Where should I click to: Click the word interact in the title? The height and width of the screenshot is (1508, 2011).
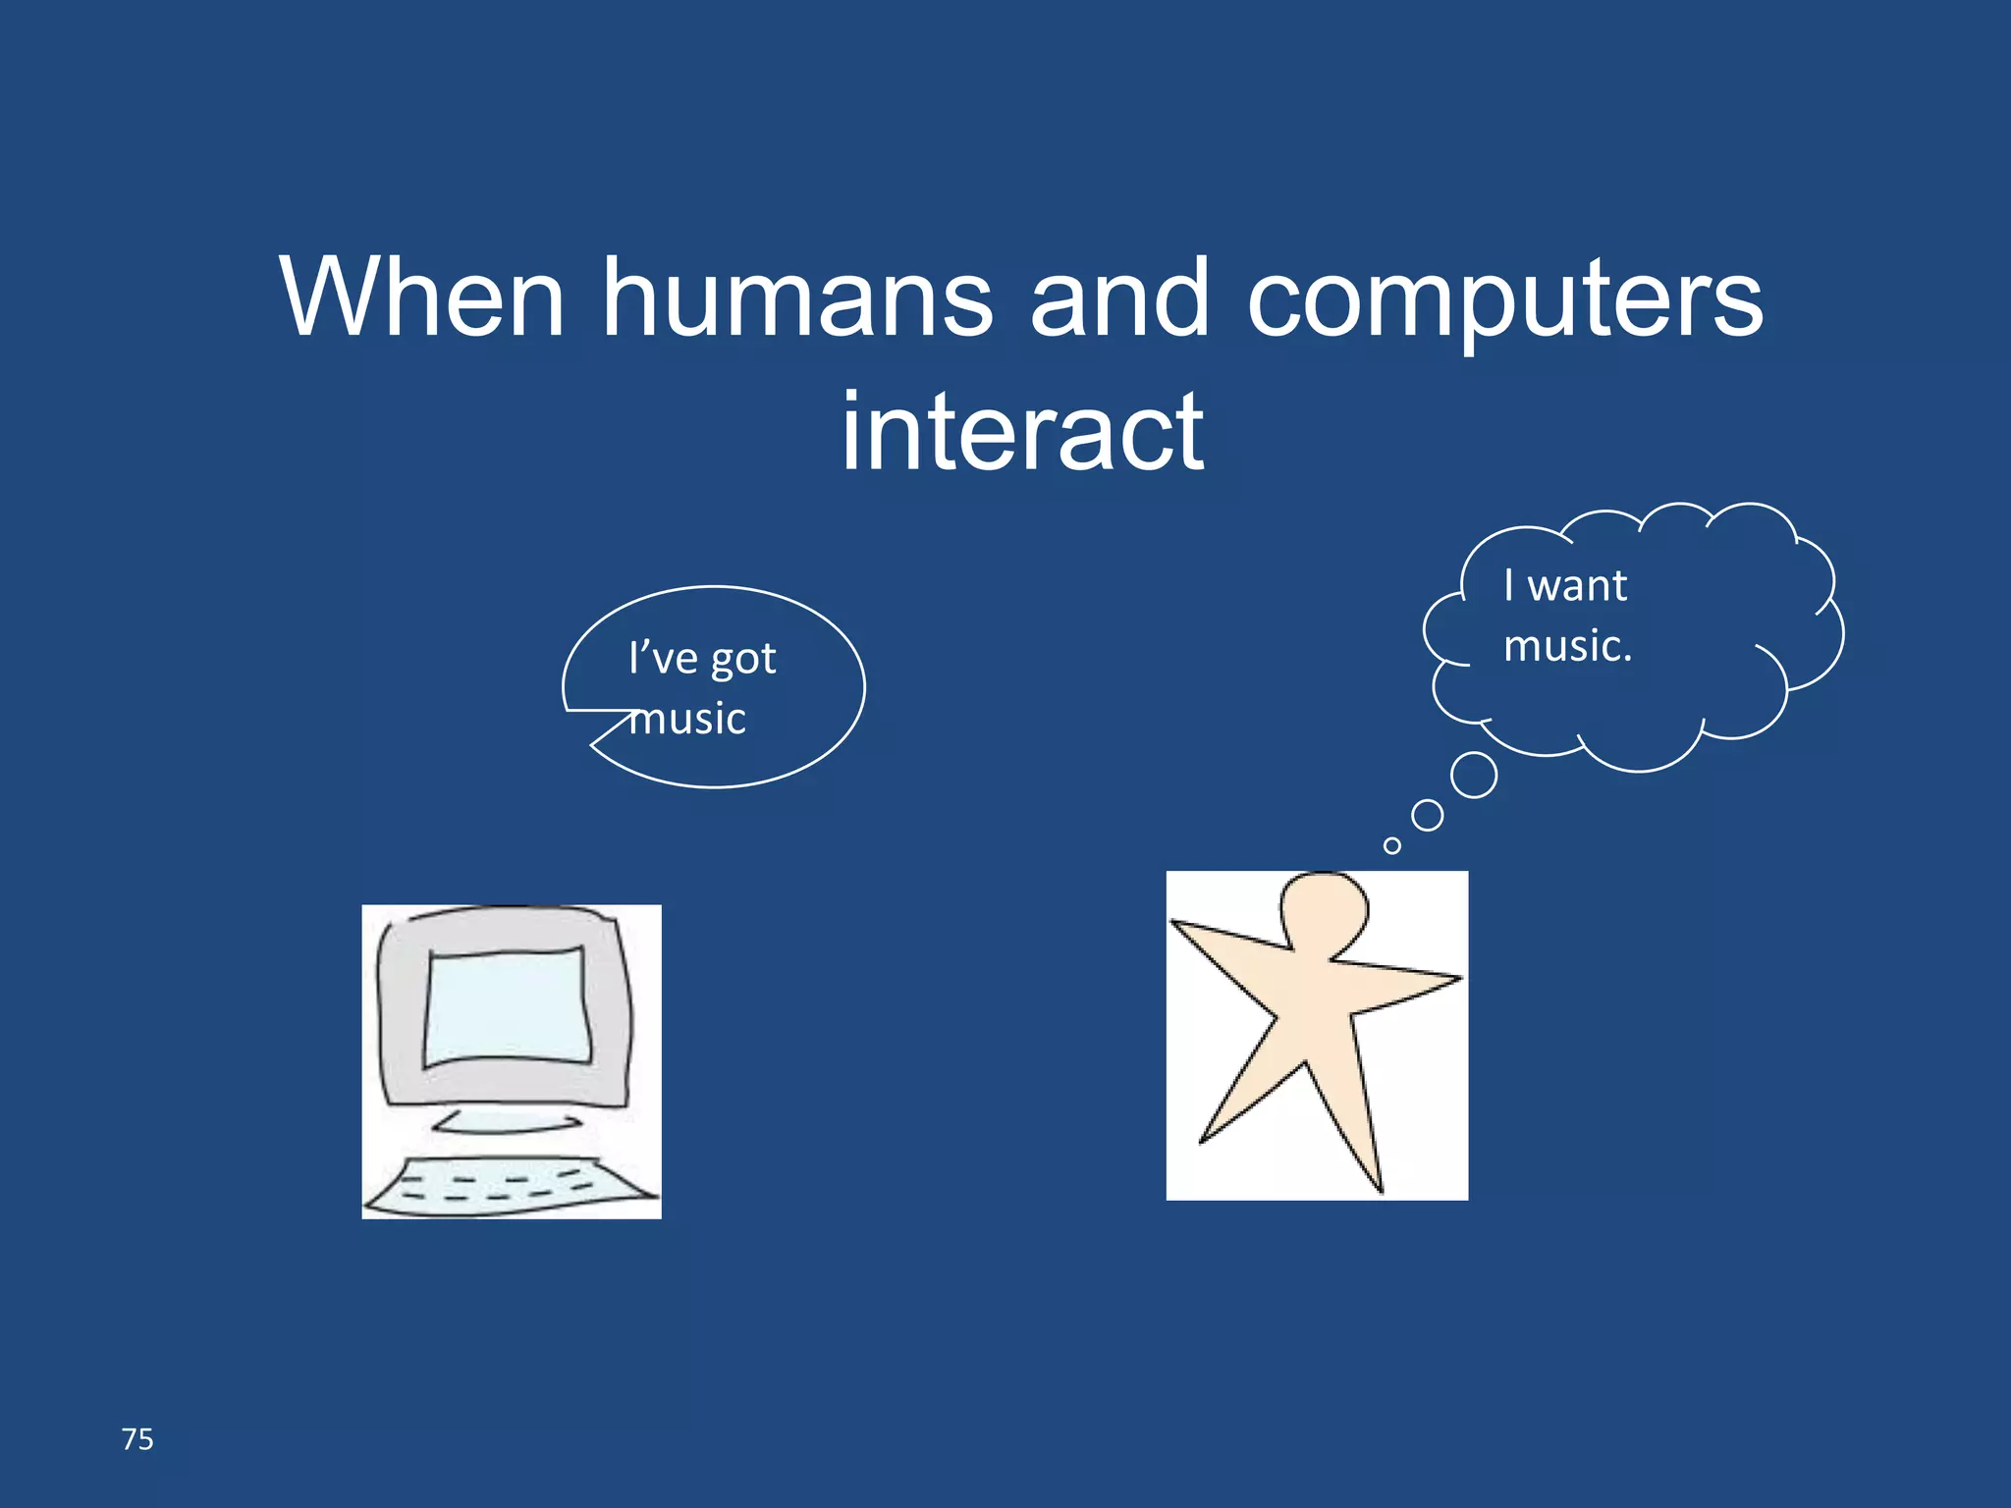click(1022, 432)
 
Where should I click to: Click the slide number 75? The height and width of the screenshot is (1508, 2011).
click(137, 1439)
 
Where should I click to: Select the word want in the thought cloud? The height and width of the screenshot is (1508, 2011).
click(1577, 586)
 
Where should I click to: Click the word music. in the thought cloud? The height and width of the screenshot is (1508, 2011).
click(1567, 646)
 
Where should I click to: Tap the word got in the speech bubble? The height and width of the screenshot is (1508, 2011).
click(743, 660)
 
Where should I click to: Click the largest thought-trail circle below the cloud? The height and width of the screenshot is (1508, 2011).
click(1473, 775)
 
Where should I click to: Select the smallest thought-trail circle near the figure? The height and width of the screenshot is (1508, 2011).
click(1391, 845)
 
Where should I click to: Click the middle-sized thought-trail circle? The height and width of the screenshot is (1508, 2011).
click(1427, 815)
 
